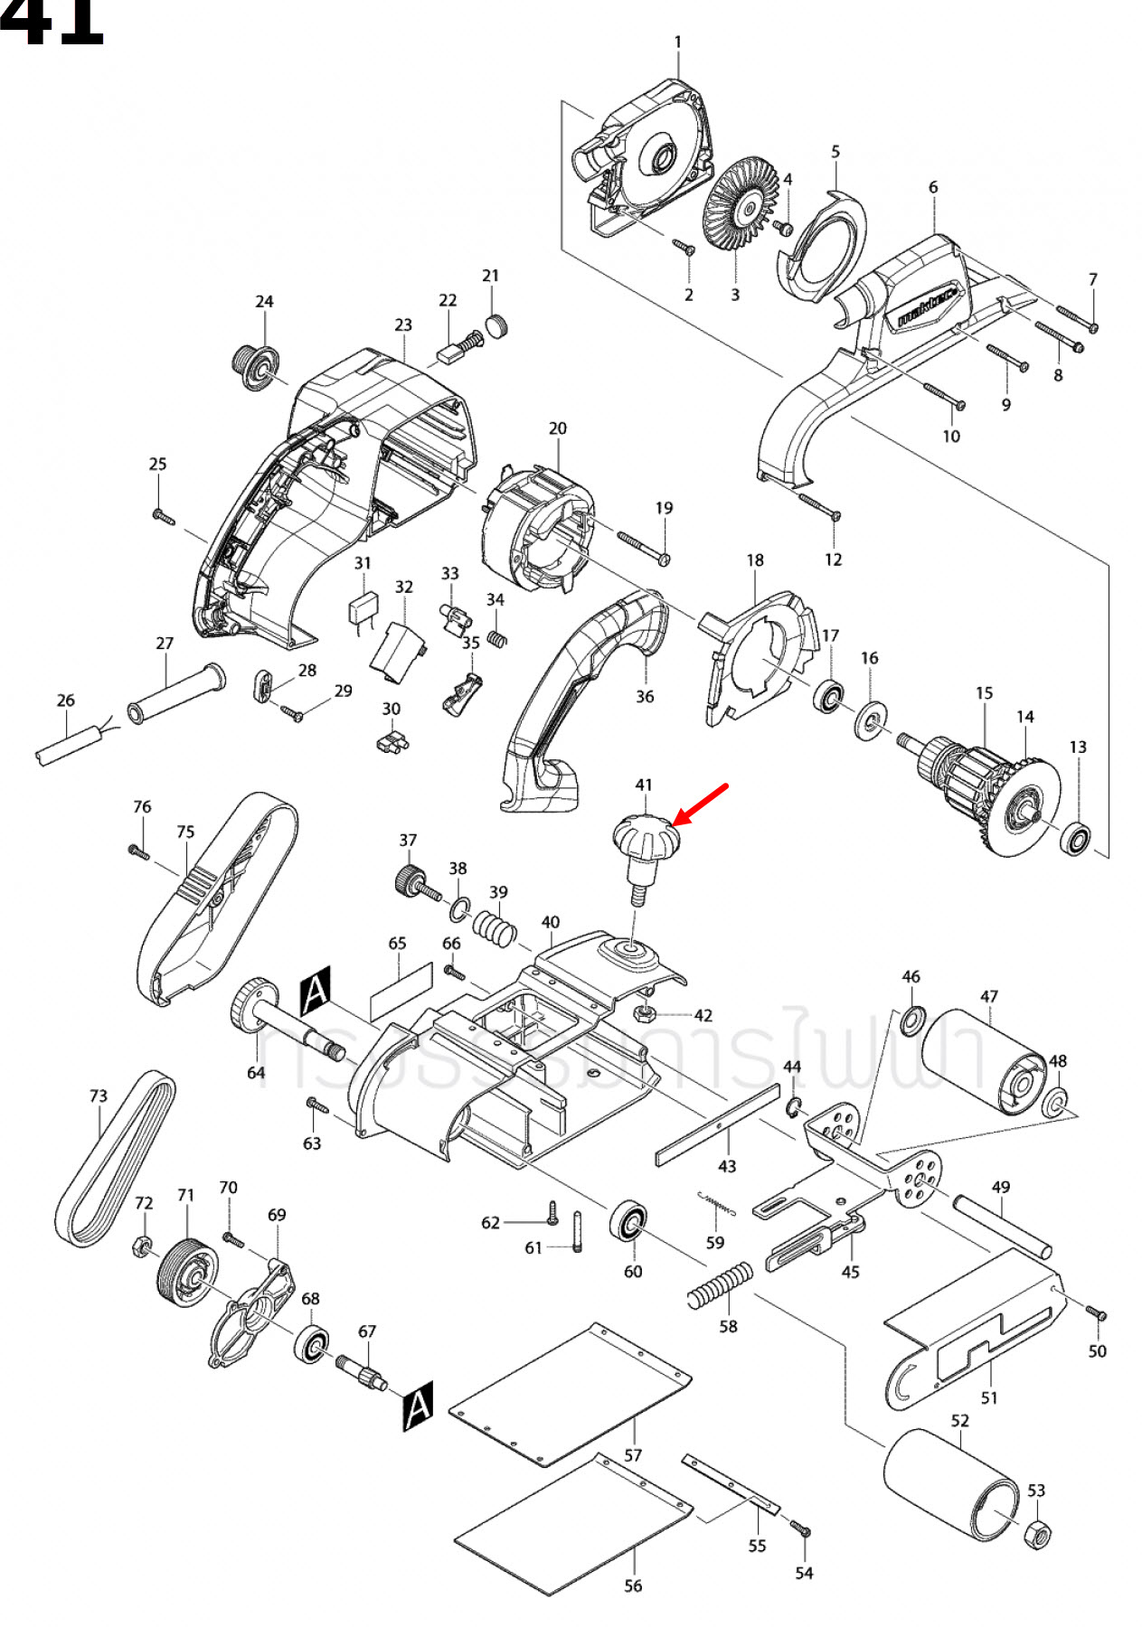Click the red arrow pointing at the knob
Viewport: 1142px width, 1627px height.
click(702, 803)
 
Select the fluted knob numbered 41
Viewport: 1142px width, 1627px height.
click(646, 841)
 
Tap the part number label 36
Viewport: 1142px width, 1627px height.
click(644, 696)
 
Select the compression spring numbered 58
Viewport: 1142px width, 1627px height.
click(720, 1286)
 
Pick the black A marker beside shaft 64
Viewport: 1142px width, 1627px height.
click(316, 991)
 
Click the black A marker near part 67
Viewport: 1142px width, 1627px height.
click(417, 1406)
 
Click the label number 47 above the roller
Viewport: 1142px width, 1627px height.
click(988, 996)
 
